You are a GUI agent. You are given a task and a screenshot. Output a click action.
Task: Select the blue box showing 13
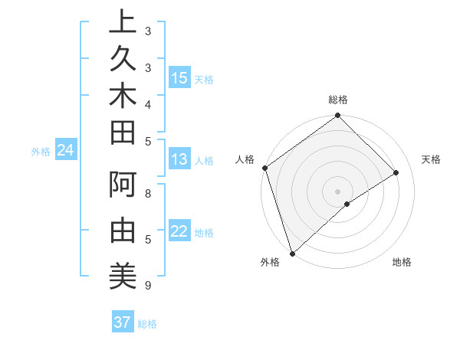(179, 160)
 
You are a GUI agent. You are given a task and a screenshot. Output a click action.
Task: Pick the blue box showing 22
(179, 232)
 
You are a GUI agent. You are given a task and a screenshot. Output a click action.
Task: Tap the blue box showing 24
(65, 151)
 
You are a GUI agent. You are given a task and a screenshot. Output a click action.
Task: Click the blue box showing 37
(123, 322)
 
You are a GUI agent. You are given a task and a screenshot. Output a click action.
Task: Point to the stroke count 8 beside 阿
(148, 194)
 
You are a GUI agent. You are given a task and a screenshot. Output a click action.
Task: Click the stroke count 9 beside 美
(147, 286)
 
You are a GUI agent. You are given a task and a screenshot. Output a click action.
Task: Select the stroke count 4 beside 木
(148, 103)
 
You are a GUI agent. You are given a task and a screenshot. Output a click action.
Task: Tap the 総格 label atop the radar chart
(337, 100)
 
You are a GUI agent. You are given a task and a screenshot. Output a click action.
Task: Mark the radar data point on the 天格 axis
(396, 172)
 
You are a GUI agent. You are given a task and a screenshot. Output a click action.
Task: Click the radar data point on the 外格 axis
(291, 252)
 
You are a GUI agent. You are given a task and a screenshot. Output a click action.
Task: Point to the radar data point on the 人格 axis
(264, 168)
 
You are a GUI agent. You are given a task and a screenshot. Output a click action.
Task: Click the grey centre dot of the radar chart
(337, 191)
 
